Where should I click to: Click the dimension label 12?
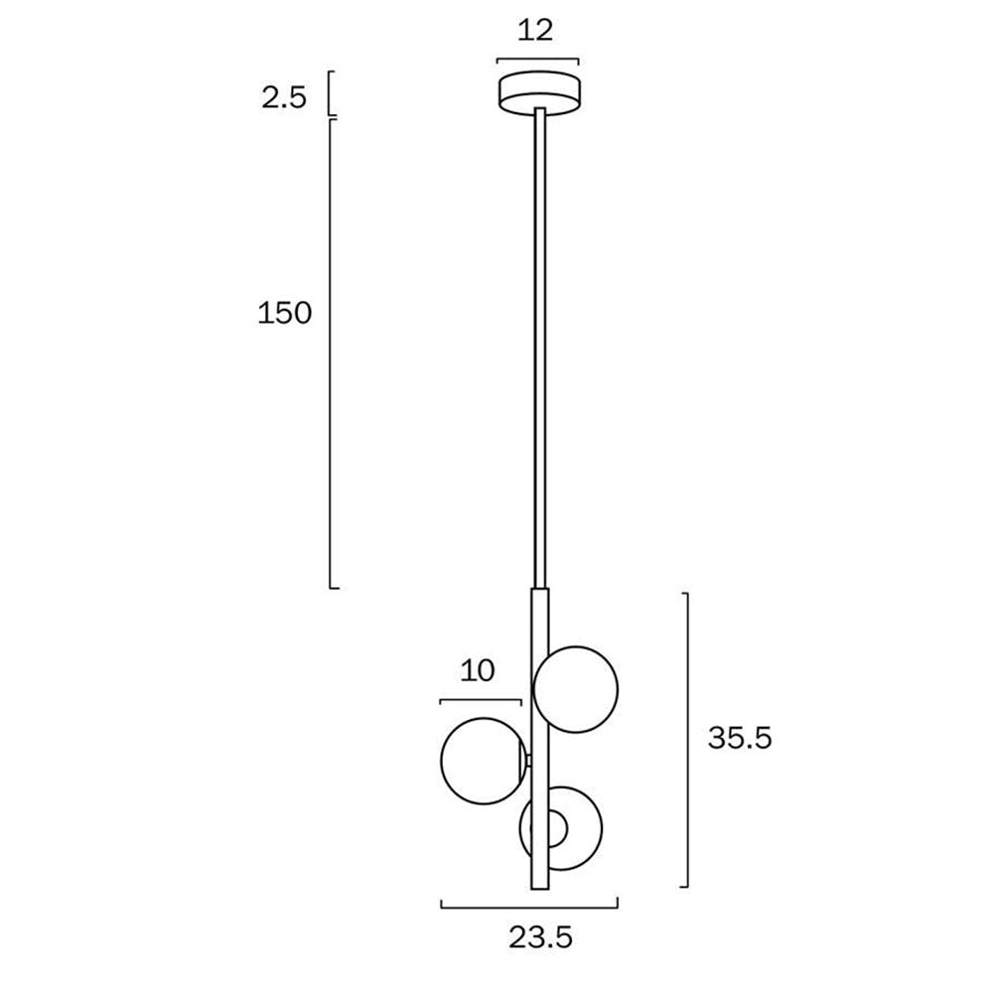coord(535,31)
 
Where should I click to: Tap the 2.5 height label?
coord(284,97)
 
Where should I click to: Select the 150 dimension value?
coord(285,314)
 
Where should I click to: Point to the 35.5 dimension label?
coord(740,738)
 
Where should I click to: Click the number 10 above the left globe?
coord(478,671)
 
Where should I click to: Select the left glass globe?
coord(481,761)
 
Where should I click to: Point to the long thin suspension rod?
coord(539,348)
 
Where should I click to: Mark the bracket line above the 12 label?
coord(537,58)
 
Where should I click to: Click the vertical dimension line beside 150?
coord(332,353)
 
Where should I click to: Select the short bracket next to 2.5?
coord(331,92)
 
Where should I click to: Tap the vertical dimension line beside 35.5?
coord(686,740)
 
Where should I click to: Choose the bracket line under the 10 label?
coord(481,701)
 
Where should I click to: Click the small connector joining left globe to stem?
coord(527,761)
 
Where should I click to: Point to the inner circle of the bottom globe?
coord(553,828)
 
